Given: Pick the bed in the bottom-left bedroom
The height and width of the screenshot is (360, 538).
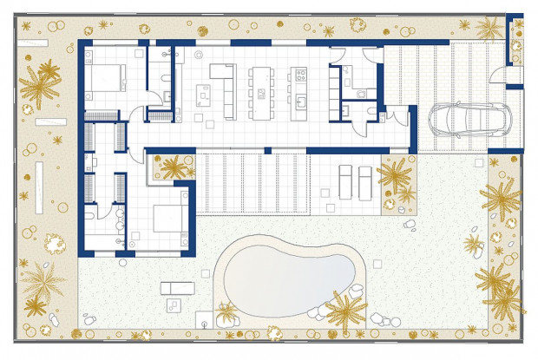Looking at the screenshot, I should click(x=167, y=218).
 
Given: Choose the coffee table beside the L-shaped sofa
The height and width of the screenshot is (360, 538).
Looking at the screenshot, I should click(x=207, y=90).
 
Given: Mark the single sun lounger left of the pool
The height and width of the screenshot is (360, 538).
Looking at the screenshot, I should click(x=174, y=287).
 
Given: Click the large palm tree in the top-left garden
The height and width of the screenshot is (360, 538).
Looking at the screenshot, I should click(x=40, y=85).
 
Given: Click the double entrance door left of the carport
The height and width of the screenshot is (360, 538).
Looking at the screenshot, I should click(x=396, y=119).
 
